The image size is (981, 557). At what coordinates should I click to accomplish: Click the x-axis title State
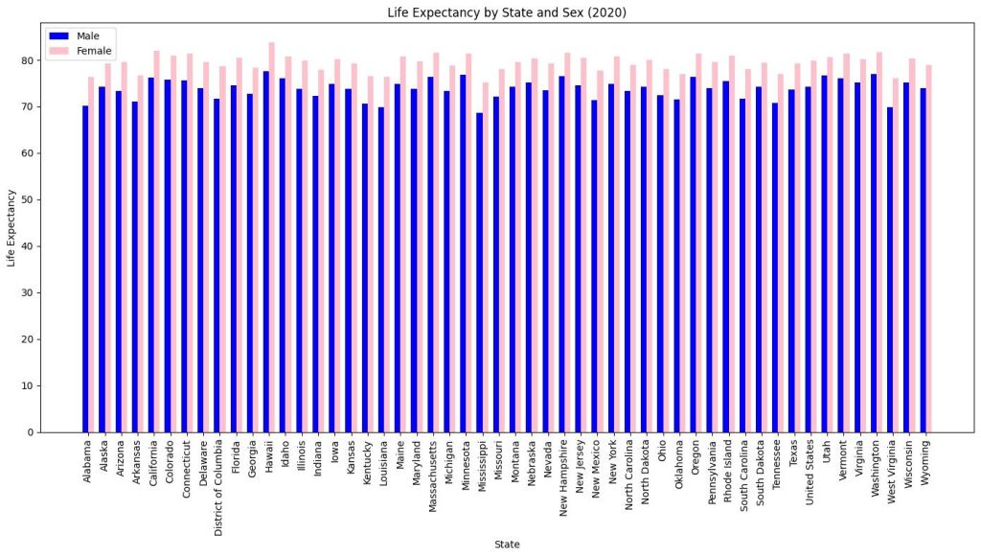coord(507,545)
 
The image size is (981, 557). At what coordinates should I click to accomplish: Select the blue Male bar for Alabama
coord(85,268)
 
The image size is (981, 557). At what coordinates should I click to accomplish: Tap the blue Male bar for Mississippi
coord(479,272)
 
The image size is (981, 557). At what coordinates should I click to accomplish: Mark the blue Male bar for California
coord(150,254)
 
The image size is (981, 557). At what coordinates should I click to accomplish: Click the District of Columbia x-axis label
coord(218,488)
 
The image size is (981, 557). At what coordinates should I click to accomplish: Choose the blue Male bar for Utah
coord(824,254)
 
